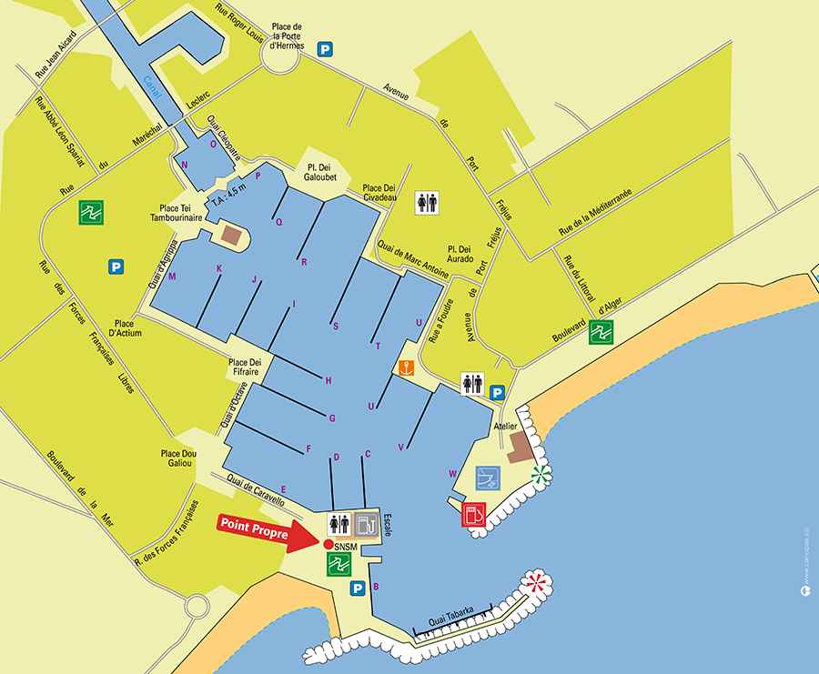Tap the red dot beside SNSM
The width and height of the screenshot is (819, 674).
[x=328, y=544]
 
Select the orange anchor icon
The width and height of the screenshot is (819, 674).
[x=406, y=367]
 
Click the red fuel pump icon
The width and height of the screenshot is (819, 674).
[x=473, y=514]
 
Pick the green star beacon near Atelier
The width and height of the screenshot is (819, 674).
[x=541, y=473]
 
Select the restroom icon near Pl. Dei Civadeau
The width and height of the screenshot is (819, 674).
[x=427, y=203]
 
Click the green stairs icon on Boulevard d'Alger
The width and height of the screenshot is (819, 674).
[x=601, y=333]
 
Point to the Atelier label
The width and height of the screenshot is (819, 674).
[x=505, y=426]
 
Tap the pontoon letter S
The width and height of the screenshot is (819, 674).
[x=336, y=326]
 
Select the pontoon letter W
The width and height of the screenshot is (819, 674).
[x=452, y=473]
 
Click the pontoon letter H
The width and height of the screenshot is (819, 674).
[x=329, y=380]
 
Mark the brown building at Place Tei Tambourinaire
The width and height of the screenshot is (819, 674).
[x=232, y=236]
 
